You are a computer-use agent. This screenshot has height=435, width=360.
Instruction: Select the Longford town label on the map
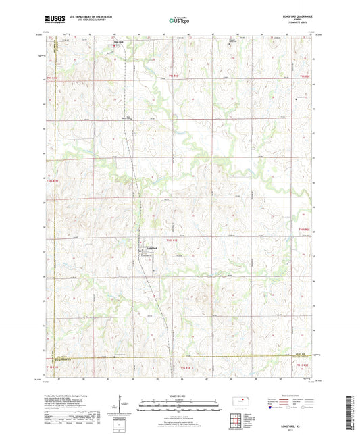(152, 247)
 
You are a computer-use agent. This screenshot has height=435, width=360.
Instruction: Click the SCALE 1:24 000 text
(179, 395)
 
